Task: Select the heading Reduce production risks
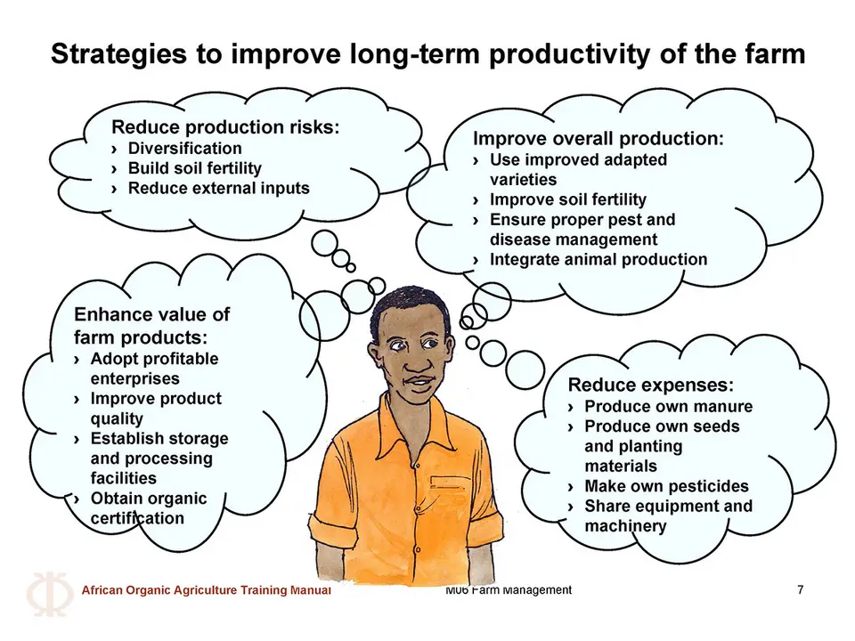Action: [225, 127]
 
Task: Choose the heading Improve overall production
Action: [598, 139]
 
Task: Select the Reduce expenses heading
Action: [650, 385]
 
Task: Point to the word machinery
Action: [625, 526]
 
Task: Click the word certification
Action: [137, 518]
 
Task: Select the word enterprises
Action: [134, 378]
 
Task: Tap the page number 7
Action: [800, 589]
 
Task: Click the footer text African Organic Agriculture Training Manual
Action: [206, 589]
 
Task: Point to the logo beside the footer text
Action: [50, 594]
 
